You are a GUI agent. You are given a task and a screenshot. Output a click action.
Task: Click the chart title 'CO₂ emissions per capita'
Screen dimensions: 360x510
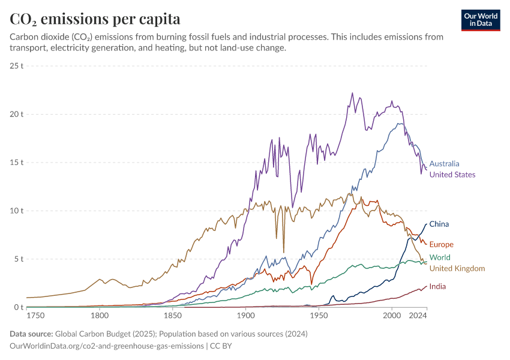click(95, 19)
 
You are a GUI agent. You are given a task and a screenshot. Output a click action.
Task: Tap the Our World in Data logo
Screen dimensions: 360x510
click(481, 20)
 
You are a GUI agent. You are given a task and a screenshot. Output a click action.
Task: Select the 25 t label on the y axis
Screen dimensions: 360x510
click(16, 65)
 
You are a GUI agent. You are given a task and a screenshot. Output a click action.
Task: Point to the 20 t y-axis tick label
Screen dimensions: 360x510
click(16, 114)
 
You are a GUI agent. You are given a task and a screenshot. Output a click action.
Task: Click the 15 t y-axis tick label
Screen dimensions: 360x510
click(16, 163)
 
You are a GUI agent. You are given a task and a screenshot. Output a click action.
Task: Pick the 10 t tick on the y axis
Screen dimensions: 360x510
click(16, 211)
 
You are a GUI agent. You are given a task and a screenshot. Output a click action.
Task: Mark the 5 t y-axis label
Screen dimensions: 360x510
click(18, 259)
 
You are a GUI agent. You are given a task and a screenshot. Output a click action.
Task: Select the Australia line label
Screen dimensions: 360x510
click(445, 163)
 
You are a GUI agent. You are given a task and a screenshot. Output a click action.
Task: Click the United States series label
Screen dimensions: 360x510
click(452, 175)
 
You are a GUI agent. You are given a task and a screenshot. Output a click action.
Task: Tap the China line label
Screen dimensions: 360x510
click(439, 224)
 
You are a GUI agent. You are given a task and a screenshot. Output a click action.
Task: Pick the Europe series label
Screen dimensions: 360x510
click(442, 244)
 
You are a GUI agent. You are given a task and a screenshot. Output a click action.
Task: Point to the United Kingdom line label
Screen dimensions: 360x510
click(457, 268)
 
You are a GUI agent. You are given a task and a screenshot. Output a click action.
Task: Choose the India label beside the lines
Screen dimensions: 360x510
click(438, 286)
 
